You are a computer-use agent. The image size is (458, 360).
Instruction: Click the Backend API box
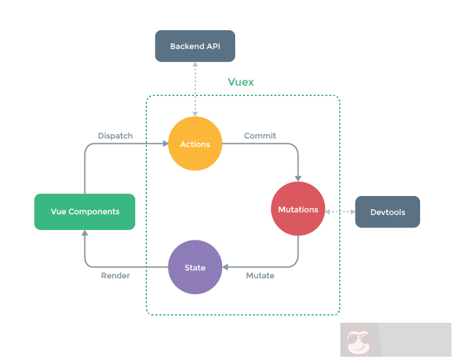click(195, 46)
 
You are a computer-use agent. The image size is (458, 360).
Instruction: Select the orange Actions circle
click(195, 144)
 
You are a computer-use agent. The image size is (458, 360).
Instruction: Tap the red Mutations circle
click(298, 209)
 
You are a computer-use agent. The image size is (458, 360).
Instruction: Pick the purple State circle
click(195, 267)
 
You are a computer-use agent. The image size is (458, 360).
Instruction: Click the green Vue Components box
click(85, 212)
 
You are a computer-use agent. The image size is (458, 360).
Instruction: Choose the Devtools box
click(387, 212)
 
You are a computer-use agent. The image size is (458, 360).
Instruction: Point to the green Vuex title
click(240, 82)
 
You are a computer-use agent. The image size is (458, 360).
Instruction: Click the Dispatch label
click(115, 136)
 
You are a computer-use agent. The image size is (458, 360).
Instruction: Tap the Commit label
click(260, 136)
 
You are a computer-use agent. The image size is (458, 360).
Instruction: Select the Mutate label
click(260, 276)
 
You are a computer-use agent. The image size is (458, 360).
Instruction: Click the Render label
click(115, 276)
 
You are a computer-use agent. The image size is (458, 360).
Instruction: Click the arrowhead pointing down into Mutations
click(298, 178)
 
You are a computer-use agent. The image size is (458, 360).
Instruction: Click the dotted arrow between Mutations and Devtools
click(340, 212)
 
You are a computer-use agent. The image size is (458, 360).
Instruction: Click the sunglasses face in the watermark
click(357, 342)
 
